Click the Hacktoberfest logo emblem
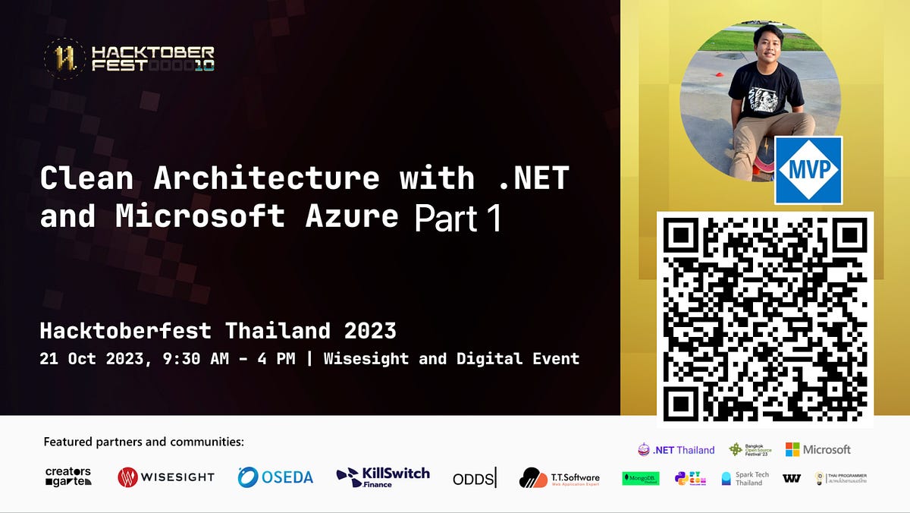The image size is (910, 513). pyautogui.click(x=64, y=57)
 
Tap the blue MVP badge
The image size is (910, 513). pyautogui.click(x=808, y=171)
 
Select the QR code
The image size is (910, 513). pyautogui.click(x=765, y=319)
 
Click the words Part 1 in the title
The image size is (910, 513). pyautogui.click(x=457, y=218)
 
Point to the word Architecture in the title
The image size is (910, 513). pyautogui.click(x=266, y=179)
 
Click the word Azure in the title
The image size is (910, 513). pyautogui.click(x=352, y=216)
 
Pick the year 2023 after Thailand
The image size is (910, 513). pyautogui.click(x=367, y=331)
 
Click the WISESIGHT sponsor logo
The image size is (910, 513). pyautogui.click(x=166, y=477)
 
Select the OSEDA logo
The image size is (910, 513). pyautogui.click(x=275, y=477)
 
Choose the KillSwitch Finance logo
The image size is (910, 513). pyautogui.click(x=383, y=477)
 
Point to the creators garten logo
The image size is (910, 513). pyautogui.click(x=68, y=477)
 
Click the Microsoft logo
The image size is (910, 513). pyautogui.click(x=817, y=449)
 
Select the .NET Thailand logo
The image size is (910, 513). pyautogui.click(x=676, y=450)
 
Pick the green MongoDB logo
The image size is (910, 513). pyautogui.click(x=641, y=478)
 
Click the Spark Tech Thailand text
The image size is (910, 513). pyautogui.click(x=752, y=479)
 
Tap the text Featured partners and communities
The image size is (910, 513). pyautogui.click(x=144, y=442)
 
